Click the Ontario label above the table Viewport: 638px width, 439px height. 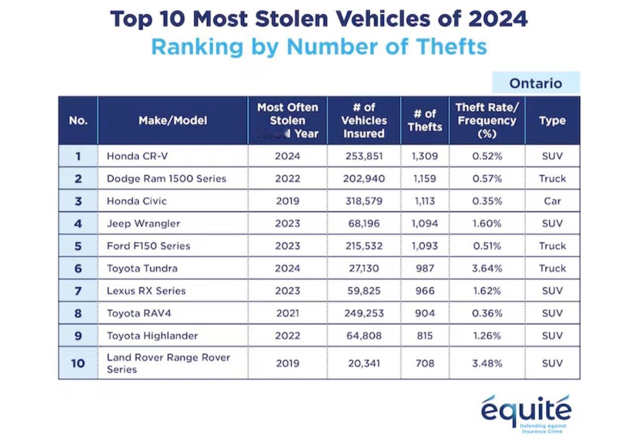(x=536, y=83)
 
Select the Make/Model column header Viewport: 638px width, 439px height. (x=173, y=120)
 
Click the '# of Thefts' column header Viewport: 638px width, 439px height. (x=425, y=120)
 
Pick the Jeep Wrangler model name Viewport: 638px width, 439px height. (x=143, y=224)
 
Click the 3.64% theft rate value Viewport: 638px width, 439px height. (x=487, y=268)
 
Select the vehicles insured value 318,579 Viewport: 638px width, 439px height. (x=364, y=201)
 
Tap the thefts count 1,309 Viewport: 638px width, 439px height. (x=425, y=156)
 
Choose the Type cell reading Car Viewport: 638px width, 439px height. (x=552, y=201)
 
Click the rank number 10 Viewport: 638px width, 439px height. (x=78, y=363)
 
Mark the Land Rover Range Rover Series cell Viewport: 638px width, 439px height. (x=168, y=363)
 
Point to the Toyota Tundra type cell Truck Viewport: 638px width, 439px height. (x=552, y=268)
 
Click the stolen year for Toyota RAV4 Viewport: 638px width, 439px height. (x=287, y=313)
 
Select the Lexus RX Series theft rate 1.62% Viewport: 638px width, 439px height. (x=487, y=291)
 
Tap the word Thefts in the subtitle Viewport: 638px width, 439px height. (x=451, y=47)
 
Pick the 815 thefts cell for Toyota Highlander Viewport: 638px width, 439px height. (x=425, y=336)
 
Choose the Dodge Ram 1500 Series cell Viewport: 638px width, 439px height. (x=166, y=179)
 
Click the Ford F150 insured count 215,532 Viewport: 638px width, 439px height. (x=364, y=246)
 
